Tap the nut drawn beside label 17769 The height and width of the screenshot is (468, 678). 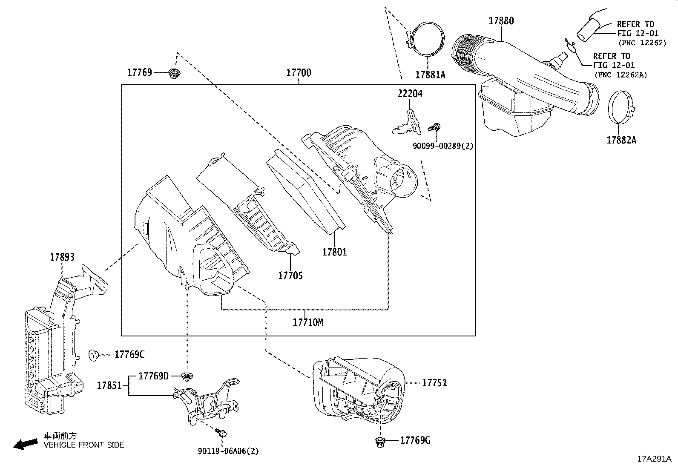click(174, 74)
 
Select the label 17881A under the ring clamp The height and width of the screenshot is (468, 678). click(430, 75)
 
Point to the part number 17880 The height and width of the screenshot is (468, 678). click(501, 21)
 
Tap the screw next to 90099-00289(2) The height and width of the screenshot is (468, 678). click(434, 127)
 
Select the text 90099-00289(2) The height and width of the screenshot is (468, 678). click(442, 146)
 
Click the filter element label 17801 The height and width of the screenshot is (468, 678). click(334, 252)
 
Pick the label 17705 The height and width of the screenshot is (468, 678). click(290, 276)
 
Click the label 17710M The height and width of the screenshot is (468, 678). click(307, 322)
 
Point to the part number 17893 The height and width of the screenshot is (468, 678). click(62, 257)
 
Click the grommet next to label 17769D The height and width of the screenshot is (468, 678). click(186, 376)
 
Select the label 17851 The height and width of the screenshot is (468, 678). click(109, 385)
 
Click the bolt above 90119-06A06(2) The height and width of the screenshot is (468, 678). click(221, 433)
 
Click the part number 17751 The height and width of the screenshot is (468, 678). click(434, 383)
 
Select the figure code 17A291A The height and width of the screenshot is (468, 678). click(654, 459)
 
